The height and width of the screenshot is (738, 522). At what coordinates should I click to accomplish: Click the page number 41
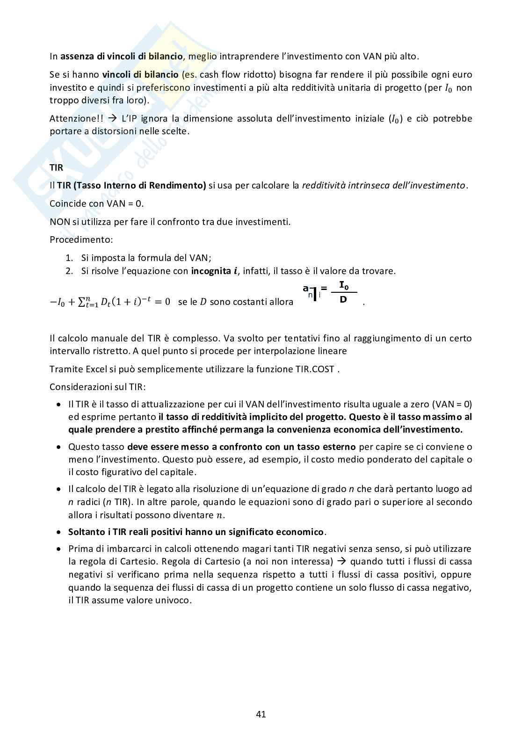tap(261, 714)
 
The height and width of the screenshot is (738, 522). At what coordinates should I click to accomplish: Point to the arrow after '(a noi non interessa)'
tap(342, 561)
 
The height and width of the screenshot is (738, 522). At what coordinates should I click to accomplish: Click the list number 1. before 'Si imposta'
tap(69, 258)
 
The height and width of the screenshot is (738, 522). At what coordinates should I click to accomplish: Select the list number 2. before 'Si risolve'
tap(69, 271)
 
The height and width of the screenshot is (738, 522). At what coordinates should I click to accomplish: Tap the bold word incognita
tap(211, 271)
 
